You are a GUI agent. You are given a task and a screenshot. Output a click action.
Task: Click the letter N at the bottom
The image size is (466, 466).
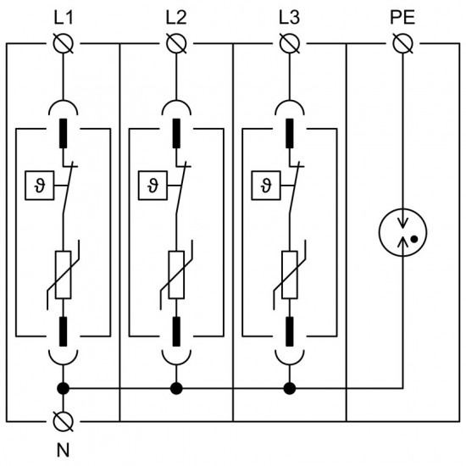(62, 450)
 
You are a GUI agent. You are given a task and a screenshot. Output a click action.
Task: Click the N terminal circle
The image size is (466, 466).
(62, 420)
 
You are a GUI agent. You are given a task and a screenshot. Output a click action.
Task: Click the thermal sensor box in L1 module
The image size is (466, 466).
(38, 184)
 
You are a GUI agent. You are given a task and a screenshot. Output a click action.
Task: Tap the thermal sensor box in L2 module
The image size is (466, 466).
(152, 184)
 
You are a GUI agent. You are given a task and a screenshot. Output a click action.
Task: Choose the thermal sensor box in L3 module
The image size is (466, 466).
(265, 184)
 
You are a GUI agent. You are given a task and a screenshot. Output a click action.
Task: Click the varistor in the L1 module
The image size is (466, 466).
(62, 276)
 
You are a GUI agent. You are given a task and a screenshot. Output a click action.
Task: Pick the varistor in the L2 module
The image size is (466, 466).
(175, 276)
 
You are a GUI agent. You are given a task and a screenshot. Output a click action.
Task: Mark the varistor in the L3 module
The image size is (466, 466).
(289, 276)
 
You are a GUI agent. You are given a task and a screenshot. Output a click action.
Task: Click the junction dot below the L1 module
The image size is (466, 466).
(62, 389)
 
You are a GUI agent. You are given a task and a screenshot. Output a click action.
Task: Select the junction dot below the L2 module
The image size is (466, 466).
(175, 389)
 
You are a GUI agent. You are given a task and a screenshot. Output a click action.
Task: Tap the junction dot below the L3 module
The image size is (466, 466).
(289, 389)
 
